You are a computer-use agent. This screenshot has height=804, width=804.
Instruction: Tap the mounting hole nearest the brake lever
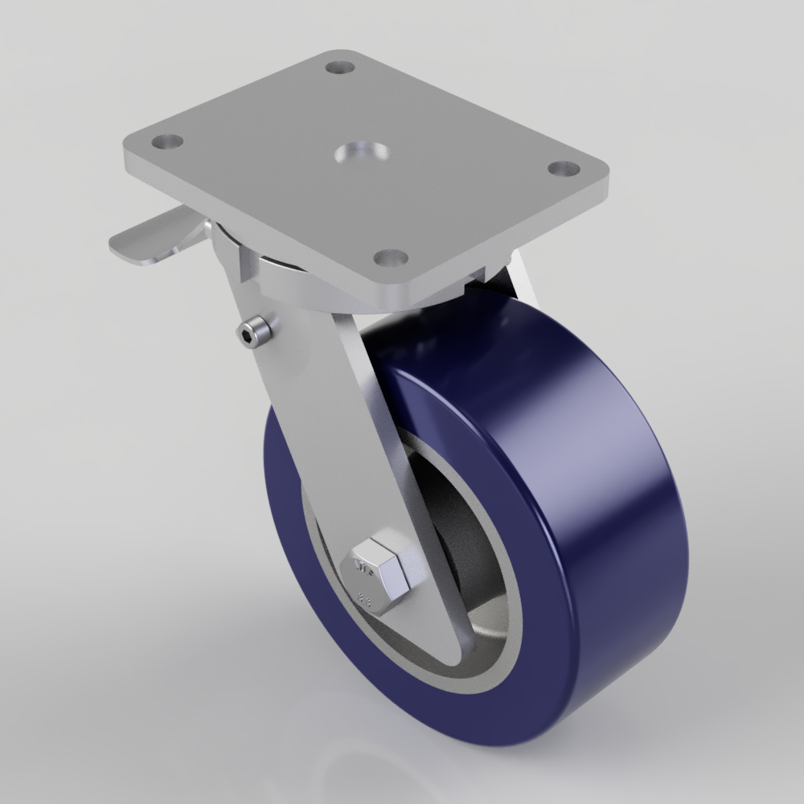pos(167,142)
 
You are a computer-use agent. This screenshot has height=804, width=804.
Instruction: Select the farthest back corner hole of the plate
pos(341,66)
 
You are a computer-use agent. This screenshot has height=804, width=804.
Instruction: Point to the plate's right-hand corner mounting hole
pos(564,169)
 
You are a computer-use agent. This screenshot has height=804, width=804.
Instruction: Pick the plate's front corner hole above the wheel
pos(392,258)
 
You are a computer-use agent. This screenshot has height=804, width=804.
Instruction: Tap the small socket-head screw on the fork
pos(256,333)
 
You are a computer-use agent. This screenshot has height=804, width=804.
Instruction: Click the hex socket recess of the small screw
pos(248,334)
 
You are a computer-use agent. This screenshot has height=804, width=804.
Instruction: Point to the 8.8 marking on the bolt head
pos(363,598)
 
